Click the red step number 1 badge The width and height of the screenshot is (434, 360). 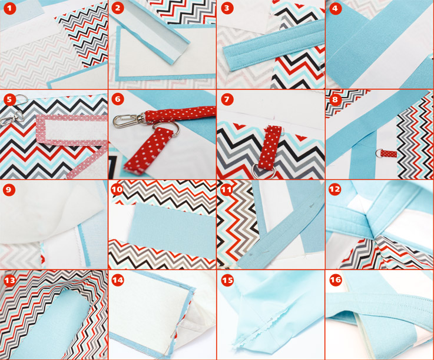[10, 8]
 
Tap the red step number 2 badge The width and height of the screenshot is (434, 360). [118, 8]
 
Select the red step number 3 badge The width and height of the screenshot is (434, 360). [227, 8]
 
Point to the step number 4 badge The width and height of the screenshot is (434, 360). [335, 8]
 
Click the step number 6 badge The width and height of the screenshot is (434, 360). [118, 99]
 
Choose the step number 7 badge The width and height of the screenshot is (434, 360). [227, 99]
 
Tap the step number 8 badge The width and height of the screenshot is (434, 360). [335, 99]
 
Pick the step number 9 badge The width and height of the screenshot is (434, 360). [9, 189]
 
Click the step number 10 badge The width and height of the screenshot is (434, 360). [117, 189]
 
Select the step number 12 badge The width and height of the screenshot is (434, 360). [335, 189]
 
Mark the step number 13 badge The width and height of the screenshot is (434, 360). [10, 281]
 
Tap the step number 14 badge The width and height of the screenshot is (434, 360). [118, 281]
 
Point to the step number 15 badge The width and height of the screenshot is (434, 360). [227, 281]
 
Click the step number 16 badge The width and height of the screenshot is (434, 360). [336, 281]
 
